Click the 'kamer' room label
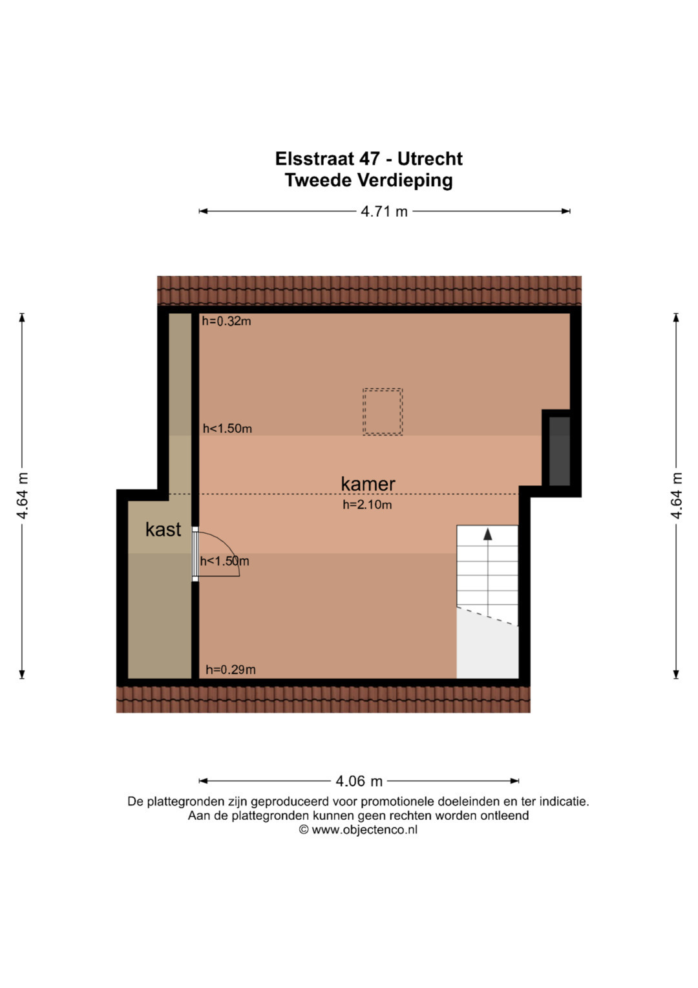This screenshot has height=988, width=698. pyautogui.click(x=368, y=484)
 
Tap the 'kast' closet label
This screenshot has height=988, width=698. pyautogui.click(x=163, y=529)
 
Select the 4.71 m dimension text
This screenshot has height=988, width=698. pyautogui.click(x=385, y=212)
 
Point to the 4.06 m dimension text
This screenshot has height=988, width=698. pyautogui.click(x=359, y=781)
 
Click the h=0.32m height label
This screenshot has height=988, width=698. pyautogui.click(x=226, y=321)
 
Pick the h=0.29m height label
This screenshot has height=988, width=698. pyautogui.click(x=231, y=670)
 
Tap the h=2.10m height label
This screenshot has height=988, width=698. pyautogui.click(x=368, y=505)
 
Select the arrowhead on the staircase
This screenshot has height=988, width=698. pyautogui.click(x=487, y=534)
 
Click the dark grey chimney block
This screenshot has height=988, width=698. pyautogui.click(x=560, y=451)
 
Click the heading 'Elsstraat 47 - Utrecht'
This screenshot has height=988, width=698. pyautogui.click(x=369, y=159)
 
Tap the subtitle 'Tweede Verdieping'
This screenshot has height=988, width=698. pyautogui.click(x=369, y=180)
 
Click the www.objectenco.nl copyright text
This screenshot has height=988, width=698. pyautogui.click(x=358, y=829)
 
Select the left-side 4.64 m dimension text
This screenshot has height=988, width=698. pyautogui.click(x=22, y=496)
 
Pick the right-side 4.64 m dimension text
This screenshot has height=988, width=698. pyautogui.click(x=677, y=496)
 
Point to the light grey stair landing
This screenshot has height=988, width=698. pyautogui.click(x=487, y=645)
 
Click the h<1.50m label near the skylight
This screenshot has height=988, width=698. pyautogui.click(x=227, y=428)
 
